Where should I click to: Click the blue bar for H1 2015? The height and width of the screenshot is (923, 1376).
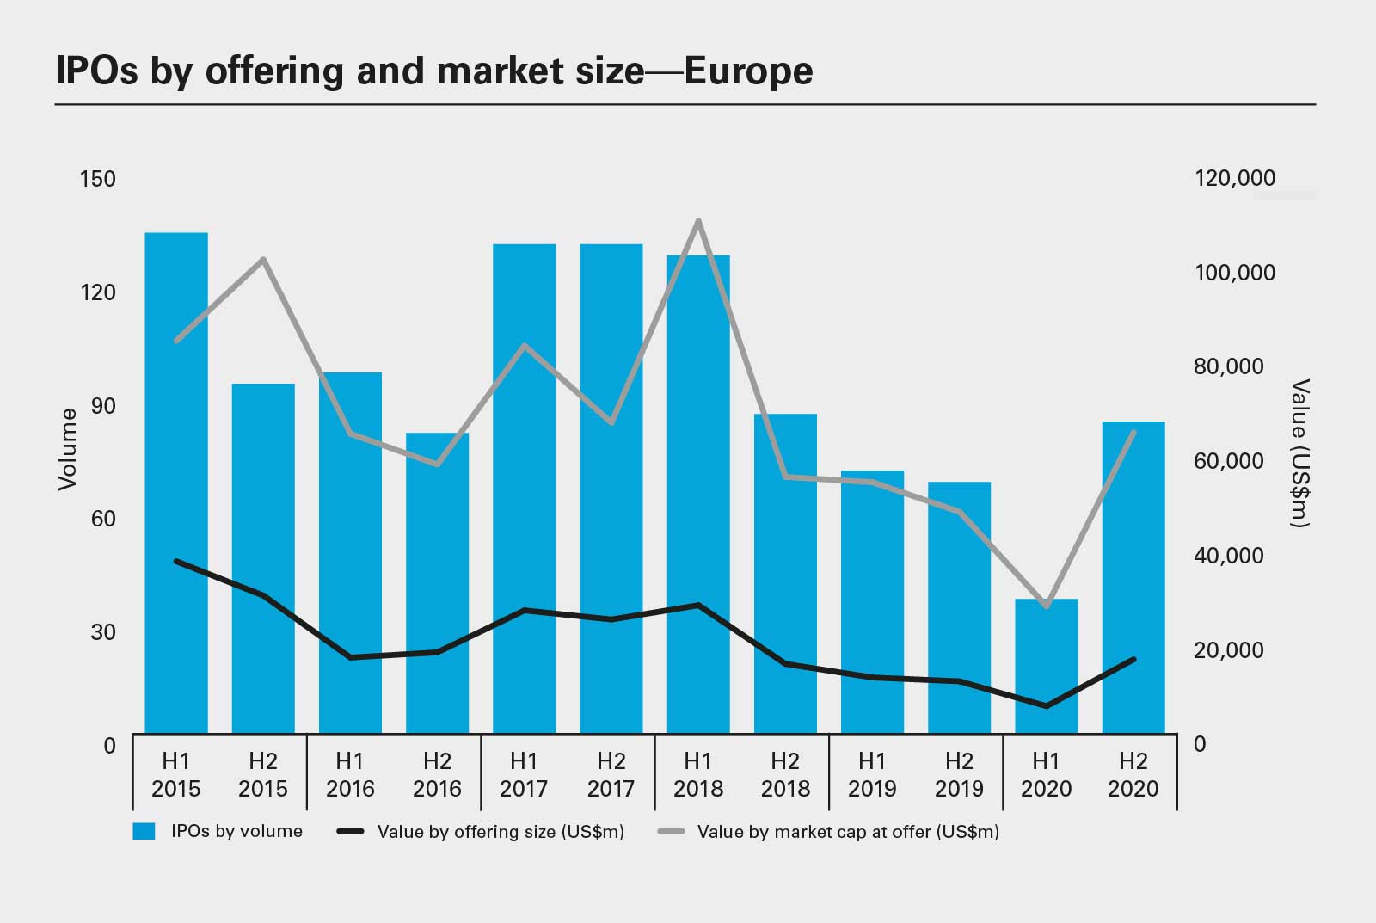pyautogui.click(x=176, y=482)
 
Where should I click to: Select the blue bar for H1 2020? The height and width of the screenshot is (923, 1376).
pyautogui.click(x=1046, y=667)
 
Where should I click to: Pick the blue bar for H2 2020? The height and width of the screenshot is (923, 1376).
pyautogui.click(x=1133, y=576)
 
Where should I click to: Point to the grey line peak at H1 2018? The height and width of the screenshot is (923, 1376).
pyautogui.click(x=698, y=221)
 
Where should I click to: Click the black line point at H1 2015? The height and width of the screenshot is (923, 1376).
pyautogui.click(x=176, y=561)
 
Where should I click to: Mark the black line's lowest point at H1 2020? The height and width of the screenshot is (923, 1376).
pyautogui.click(x=1046, y=706)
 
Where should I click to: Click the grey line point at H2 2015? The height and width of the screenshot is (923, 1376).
pyautogui.click(x=263, y=259)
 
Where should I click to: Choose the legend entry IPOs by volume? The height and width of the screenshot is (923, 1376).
pyautogui.click(x=236, y=831)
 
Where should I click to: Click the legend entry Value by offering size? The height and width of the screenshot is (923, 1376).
pyautogui.click(x=501, y=832)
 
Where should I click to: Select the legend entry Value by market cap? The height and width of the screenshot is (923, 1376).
pyautogui.click(x=848, y=832)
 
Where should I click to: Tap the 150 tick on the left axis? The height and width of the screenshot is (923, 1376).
pyautogui.click(x=97, y=179)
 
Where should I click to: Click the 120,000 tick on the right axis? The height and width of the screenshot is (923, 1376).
pyautogui.click(x=1235, y=178)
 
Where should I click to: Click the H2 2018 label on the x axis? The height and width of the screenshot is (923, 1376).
pyautogui.click(x=785, y=774)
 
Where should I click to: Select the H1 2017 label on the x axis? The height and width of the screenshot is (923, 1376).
pyautogui.click(x=524, y=774)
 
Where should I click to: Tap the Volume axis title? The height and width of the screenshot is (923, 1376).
pyautogui.click(x=67, y=449)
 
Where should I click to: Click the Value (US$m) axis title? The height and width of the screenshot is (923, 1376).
pyautogui.click(x=1299, y=452)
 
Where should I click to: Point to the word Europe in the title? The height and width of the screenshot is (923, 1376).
pyautogui.click(x=749, y=71)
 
